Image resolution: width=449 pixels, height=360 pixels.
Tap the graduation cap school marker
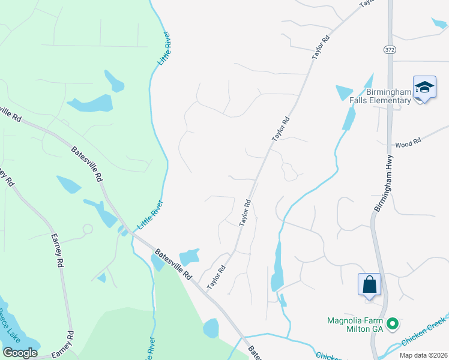point(424,88)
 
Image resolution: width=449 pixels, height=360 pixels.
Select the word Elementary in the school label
point(390,100)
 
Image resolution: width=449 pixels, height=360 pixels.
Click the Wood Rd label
point(409,144)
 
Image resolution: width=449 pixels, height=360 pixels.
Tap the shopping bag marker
point(370,284)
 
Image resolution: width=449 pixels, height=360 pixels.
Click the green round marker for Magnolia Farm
point(393,324)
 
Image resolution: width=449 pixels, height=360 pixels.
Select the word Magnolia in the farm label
point(346,320)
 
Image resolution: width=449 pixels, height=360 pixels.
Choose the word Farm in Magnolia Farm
point(375,320)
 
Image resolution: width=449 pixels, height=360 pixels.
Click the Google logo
point(20,352)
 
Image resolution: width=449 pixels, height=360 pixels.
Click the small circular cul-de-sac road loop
point(88,229)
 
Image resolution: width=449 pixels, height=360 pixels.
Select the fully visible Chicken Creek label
point(424,333)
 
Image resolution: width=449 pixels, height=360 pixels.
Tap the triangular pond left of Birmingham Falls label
point(344,92)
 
